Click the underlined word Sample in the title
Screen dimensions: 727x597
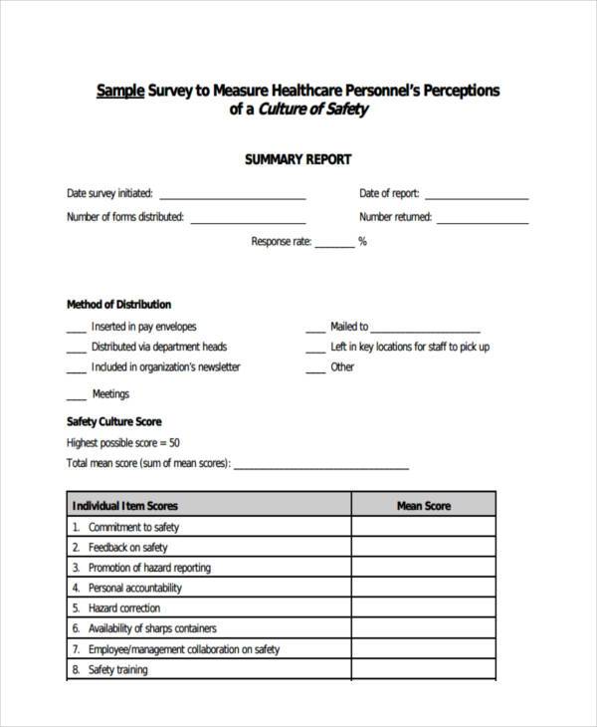[120, 91]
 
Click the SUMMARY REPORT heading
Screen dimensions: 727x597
[298, 159]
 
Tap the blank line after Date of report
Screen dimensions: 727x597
[476, 196]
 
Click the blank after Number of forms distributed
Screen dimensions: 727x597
[247, 220]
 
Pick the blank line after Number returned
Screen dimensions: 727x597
[483, 220]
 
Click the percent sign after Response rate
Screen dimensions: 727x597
[363, 241]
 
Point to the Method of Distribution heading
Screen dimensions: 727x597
[118, 305]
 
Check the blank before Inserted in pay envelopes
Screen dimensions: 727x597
[76, 330]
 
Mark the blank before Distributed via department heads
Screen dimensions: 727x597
[76, 350]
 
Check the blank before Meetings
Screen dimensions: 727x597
[76, 397]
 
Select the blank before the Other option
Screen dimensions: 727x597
[314, 369]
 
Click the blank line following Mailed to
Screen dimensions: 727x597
[425, 330]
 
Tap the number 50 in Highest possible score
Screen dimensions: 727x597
[174, 443]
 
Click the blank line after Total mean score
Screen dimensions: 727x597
[320, 466]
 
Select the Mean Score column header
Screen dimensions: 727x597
[424, 506]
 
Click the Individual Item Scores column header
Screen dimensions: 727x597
[125, 506]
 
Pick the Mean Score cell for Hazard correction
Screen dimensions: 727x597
[424, 607]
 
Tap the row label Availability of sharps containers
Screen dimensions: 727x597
[152, 628]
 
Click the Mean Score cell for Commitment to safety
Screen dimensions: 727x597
[424, 527]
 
